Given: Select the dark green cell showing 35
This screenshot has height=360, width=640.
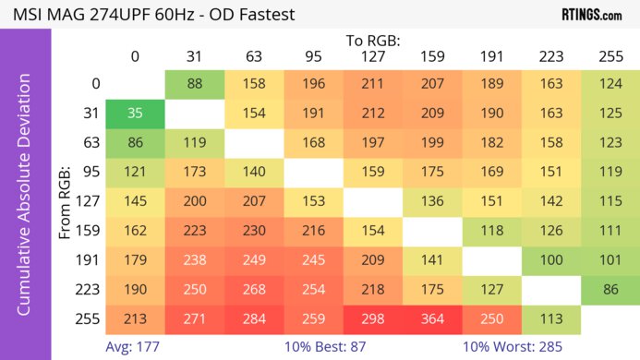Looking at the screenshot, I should (135, 114).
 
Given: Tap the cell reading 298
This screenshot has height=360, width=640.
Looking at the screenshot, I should (372, 319).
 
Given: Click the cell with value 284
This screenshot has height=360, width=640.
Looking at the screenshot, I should (253, 319).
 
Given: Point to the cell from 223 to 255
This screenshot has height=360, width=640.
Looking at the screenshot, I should (610, 290).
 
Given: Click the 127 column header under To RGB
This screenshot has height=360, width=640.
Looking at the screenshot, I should (372, 56).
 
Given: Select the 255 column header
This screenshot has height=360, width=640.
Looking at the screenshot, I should (610, 56).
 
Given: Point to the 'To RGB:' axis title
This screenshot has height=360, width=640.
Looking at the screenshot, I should (372, 40).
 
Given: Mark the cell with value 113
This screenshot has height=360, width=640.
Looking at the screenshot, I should (550, 319).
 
